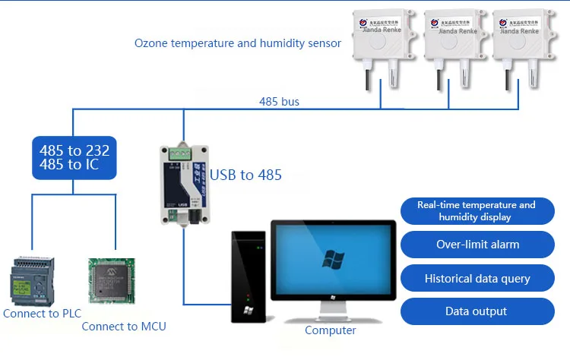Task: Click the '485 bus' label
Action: coord(280,101)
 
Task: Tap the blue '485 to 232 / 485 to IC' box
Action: coord(73,157)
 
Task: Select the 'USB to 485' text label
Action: coord(245,175)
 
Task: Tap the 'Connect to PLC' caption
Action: coord(42,313)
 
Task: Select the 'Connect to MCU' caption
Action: coord(124,327)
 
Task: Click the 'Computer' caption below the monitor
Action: coord(330,330)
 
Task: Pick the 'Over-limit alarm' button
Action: coord(477,245)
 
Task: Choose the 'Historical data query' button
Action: coord(477,278)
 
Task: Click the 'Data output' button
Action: coord(477,311)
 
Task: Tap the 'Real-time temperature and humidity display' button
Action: coord(477,210)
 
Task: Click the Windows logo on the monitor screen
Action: coord(332,259)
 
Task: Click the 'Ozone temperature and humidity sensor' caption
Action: coord(238,43)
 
